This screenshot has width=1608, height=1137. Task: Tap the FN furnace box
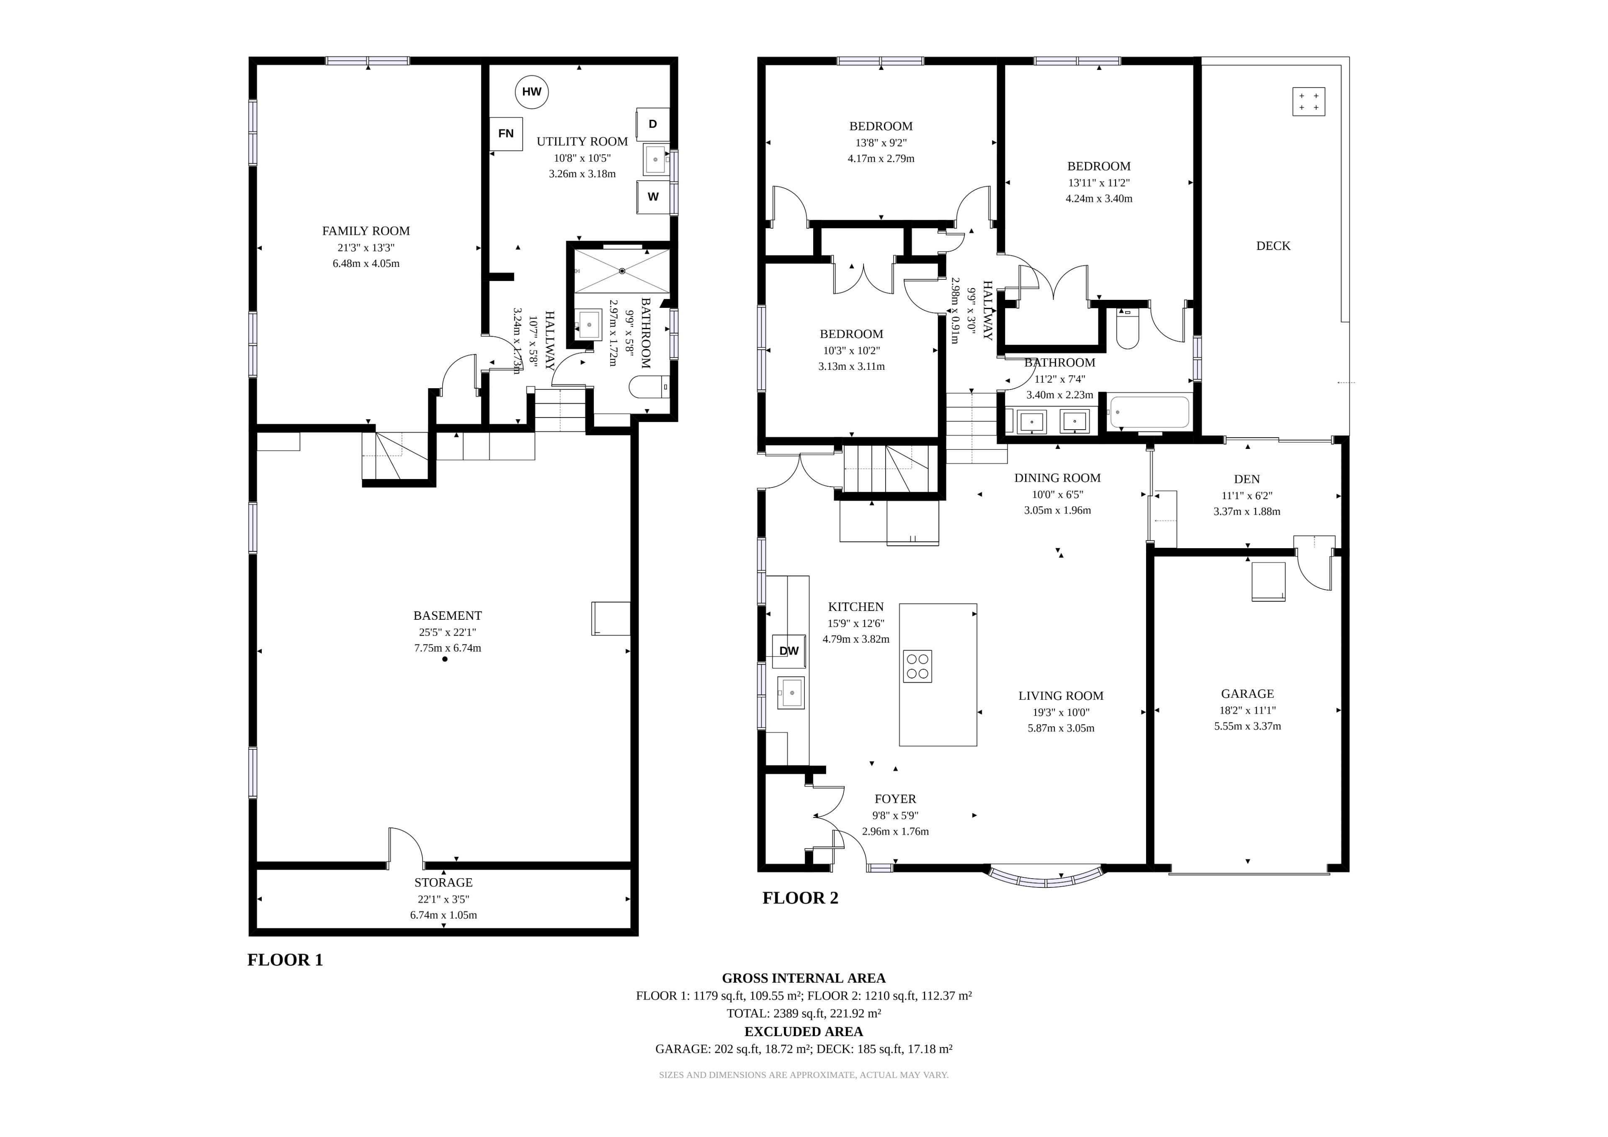pyautogui.click(x=506, y=133)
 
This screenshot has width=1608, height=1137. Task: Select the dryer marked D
pyautogui.click(x=653, y=124)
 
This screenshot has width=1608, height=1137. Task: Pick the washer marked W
pyautogui.click(x=653, y=197)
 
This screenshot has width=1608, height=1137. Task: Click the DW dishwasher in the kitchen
pyautogui.click(x=789, y=651)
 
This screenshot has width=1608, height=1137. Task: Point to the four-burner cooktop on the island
pyautogui.click(x=917, y=666)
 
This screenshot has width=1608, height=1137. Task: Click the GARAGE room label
pyautogui.click(x=1247, y=694)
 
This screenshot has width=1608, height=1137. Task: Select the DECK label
pyautogui.click(x=1273, y=246)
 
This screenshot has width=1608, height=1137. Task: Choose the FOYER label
pyautogui.click(x=895, y=799)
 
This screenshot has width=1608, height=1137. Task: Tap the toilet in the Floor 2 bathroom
pyautogui.click(x=1128, y=329)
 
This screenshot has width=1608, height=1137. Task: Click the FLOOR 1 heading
pyautogui.click(x=285, y=960)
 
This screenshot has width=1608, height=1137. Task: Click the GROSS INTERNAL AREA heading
pyautogui.click(x=803, y=978)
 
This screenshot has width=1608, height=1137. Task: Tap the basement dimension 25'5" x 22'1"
pyautogui.click(x=448, y=632)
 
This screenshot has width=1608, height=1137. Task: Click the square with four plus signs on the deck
pyautogui.click(x=1308, y=102)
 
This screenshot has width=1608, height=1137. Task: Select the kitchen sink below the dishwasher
pyautogui.click(x=791, y=693)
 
